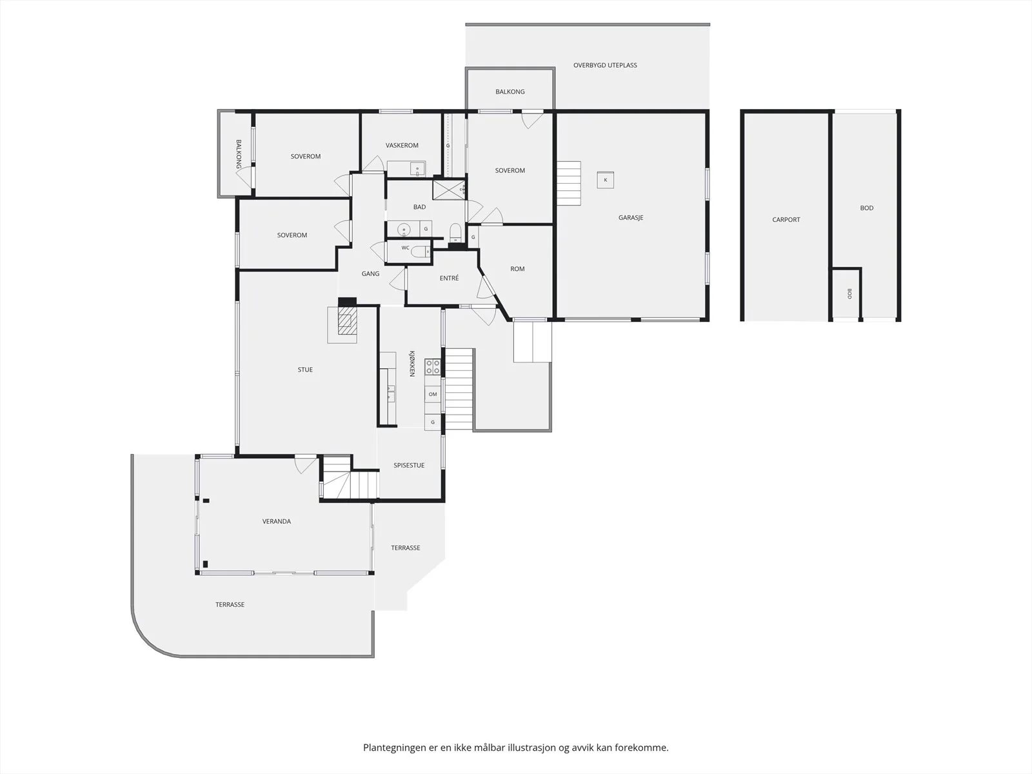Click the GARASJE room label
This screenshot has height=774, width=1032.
[x=630, y=217]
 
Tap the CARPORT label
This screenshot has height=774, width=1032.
[x=786, y=219]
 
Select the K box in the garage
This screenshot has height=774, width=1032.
[x=605, y=180]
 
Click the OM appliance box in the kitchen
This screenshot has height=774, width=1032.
[x=433, y=394]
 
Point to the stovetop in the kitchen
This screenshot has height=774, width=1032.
[x=433, y=366]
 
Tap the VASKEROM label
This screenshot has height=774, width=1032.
[x=402, y=146]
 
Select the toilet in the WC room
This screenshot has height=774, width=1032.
[x=420, y=252]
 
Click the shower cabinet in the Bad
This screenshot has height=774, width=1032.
[x=448, y=190]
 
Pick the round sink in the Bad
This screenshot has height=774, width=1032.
[x=404, y=230]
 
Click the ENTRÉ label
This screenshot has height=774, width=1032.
[x=449, y=278]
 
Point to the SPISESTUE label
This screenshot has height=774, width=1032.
[x=409, y=465]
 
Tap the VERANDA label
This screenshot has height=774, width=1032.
[x=277, y=521]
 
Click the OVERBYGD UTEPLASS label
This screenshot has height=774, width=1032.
[x=605, y=65]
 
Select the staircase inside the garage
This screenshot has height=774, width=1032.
[x=569, y=183]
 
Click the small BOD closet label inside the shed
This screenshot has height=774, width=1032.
[x=849, y=293]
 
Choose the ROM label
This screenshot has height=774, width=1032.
[x=517, y=269]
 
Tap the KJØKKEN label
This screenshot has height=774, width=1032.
[x=412, y=363]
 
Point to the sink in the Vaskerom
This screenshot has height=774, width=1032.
[x=417, y=168]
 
